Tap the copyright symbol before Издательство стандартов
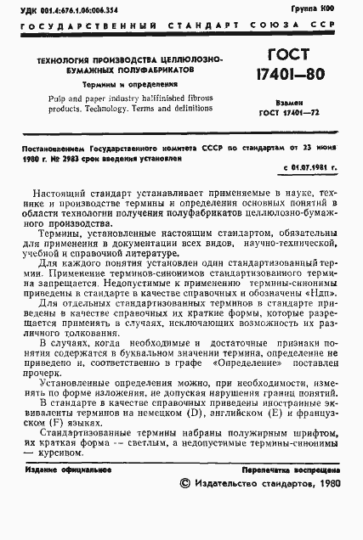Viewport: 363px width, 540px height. [187, 482]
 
